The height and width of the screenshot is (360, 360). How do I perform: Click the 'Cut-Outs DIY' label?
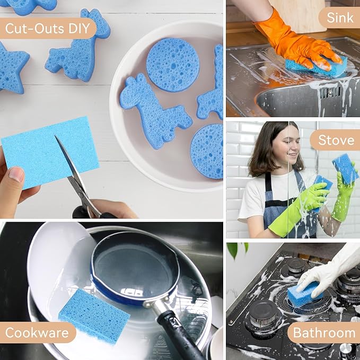coord(47,28)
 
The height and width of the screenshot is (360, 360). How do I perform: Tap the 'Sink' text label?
coord(339,18)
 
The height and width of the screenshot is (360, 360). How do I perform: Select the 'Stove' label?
coord(336,140)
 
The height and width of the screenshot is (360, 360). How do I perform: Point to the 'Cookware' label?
coord(38,333)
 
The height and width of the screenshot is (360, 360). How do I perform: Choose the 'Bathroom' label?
coord(324,333)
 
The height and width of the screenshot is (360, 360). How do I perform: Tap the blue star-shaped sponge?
coord(12,67)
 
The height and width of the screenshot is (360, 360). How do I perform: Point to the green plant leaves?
coord(237,249)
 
